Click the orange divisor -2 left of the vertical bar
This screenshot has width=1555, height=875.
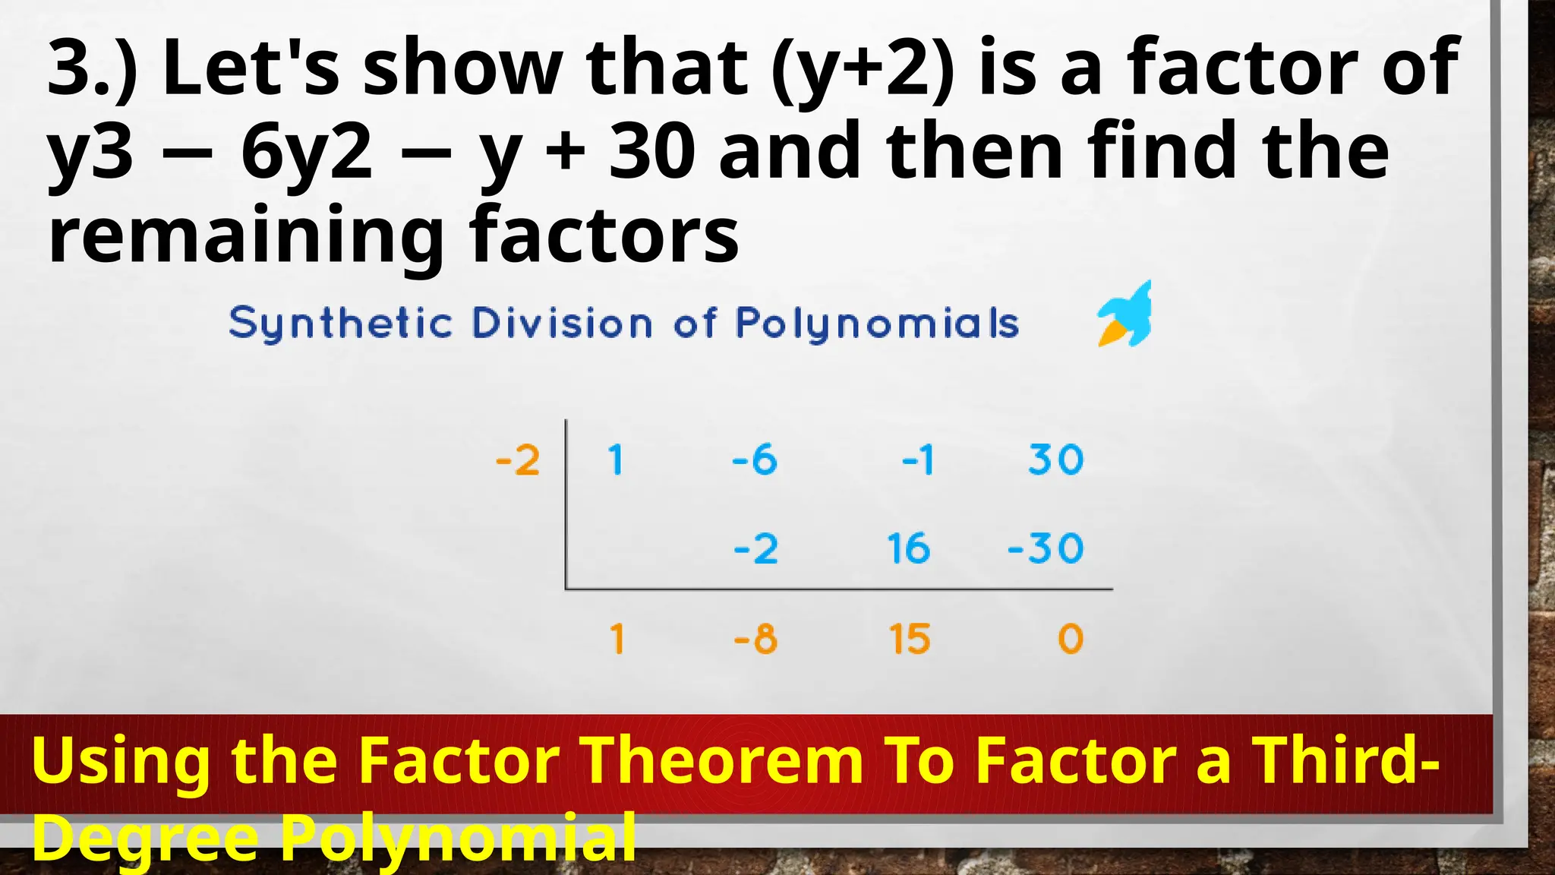tap(518, 460)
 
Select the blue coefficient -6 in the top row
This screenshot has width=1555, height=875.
tap(755, 460)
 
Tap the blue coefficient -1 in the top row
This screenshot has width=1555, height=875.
tap(918, 460)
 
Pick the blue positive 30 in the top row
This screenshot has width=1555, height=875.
tap(1056, 460)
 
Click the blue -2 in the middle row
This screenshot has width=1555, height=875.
tap(756, 548)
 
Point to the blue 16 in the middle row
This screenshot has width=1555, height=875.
tap(909, 548)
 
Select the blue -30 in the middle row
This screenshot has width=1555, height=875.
tap(1046, 548)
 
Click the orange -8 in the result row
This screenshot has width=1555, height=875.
tap(755, 639)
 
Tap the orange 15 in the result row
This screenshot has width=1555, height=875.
tap(910, 639)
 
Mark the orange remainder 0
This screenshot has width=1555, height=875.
tap(1071, 639)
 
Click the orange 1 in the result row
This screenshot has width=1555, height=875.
tap(617, 639)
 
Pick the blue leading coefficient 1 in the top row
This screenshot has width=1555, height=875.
tap(616, 460)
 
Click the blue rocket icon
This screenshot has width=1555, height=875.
tap(1125, 315)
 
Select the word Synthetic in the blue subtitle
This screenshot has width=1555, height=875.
tap(341, 324)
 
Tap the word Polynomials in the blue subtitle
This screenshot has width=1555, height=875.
tap(877, 324)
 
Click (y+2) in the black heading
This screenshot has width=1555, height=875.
tap(863, 70)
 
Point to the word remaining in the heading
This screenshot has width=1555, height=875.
tap(245, 235)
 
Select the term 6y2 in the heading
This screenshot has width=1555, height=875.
tap(306, 153)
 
